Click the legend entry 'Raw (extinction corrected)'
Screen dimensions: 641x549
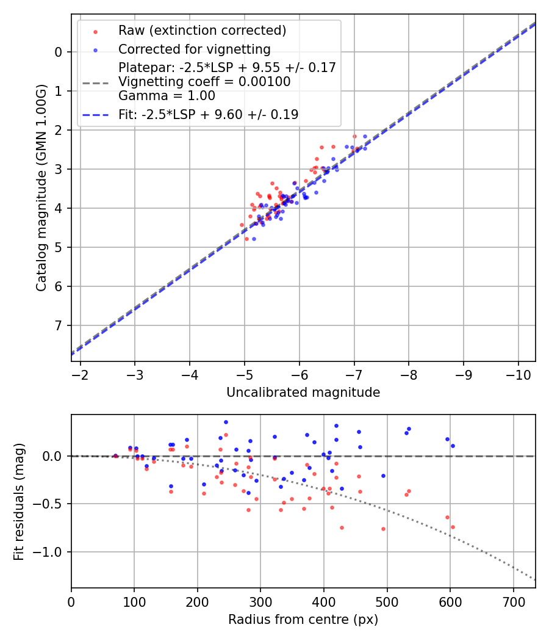[x=202, y=31]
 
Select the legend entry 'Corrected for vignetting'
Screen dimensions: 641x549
[x=194, y=49]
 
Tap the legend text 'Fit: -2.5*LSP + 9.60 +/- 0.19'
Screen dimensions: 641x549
[x=208, y=114]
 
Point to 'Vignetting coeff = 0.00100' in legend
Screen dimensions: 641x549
[x=204, y=82]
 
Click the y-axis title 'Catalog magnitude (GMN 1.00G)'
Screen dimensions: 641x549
[x=41, y=187]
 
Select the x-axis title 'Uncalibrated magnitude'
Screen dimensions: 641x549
[x=303, y=393]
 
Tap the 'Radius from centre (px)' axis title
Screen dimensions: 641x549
[x=303, y=620]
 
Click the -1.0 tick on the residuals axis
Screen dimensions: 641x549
[x=51, y=552]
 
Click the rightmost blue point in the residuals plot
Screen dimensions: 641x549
[x=453, y=446]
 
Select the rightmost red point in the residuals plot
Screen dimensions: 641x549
[x=453, y=527]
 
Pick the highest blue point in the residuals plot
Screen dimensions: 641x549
[x=226, y=422]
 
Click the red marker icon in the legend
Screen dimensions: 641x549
[x=95, y=31]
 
